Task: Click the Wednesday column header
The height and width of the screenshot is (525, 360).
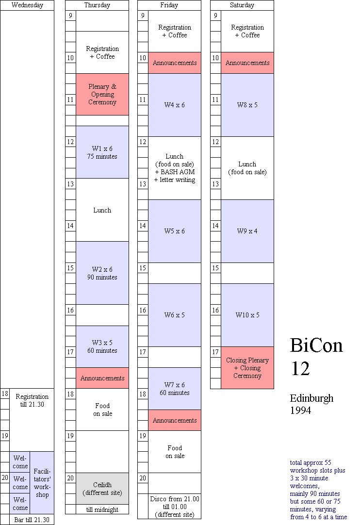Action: (27, 5)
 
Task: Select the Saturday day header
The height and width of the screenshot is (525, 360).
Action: (242, 5)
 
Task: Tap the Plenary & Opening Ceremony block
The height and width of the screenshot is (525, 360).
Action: (102, 94)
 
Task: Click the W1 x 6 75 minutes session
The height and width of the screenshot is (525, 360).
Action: (102, 152)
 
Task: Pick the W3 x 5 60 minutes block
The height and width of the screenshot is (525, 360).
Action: (102, 346)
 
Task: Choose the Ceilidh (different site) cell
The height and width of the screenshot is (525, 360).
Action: (102, 489)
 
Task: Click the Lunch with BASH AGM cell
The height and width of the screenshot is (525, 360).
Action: (175, 168)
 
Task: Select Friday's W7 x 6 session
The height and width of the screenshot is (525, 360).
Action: (175, 389)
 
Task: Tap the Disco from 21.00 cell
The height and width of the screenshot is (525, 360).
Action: (175, 507)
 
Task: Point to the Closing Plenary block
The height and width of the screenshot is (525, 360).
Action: (247, 368)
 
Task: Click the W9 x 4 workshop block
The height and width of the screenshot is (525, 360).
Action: (247, 231)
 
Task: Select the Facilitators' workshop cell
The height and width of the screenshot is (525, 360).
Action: (42, 483)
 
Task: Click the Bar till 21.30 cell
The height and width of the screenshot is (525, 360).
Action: (32, 520)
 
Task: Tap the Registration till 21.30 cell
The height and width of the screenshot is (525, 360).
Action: (32, 400)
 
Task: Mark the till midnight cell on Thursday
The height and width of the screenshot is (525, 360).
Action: (102, 509)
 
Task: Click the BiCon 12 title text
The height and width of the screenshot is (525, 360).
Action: (316, 357)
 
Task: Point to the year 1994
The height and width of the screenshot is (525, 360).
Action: (300, 410)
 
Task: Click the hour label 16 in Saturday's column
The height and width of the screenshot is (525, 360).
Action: (215, 310)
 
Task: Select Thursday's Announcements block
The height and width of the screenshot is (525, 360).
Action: (102, 378)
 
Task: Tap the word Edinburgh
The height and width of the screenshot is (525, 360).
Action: (311, 398)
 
